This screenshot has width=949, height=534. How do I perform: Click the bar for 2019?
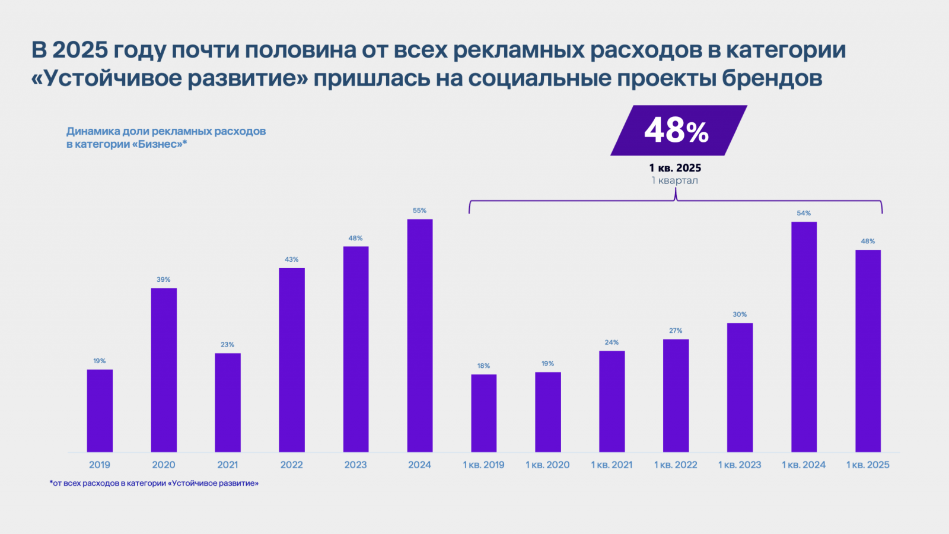[100, 411]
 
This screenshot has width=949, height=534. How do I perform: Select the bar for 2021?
[228, 402]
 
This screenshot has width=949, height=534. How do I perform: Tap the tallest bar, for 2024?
[420, 335]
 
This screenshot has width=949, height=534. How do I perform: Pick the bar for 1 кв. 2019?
[484, 413]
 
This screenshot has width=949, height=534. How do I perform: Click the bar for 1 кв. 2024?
[804, 336]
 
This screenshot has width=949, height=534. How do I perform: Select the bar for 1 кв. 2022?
[676, 395]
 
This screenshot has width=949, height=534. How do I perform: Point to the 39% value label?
[164, 279]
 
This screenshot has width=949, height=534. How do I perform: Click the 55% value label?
[420, 211]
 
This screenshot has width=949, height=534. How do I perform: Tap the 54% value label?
[804, 213]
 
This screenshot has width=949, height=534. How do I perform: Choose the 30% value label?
[740, 314]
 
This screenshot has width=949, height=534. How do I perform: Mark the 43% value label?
[292, 259]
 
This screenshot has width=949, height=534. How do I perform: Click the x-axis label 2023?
[356, 465]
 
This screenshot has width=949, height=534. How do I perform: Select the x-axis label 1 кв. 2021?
[612, 465]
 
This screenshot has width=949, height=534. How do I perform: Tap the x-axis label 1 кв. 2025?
[868, 465]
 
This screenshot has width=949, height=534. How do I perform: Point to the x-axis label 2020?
[164, 465]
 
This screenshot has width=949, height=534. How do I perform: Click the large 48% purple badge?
[678, 131]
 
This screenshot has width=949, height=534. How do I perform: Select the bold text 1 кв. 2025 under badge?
[675, 168]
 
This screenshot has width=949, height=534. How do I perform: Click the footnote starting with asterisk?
[154, 484]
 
